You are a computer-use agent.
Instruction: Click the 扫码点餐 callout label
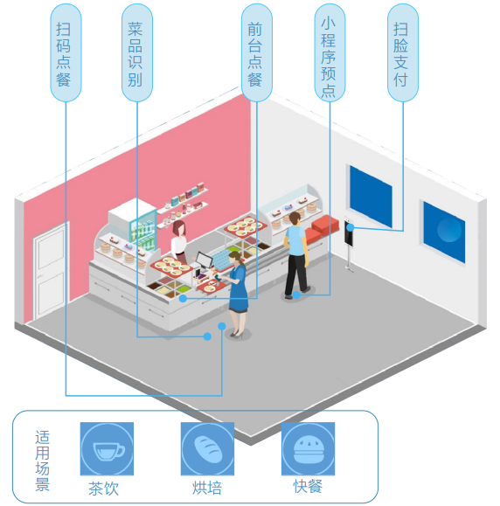click(66, 52)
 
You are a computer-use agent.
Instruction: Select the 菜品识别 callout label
click(137, 52)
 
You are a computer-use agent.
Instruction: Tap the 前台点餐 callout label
click(257, 52)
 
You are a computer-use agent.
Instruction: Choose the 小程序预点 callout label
click(330, 52)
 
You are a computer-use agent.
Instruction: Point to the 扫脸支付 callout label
click(402, 52)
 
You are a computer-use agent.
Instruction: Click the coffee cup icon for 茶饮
click(107, 449)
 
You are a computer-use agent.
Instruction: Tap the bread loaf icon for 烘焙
click(207, 449)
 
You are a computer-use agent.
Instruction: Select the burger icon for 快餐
click(308, 449)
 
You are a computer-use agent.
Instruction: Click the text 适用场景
click(42, 461)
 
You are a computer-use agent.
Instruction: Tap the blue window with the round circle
click(444, 231)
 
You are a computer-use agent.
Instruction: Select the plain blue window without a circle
click(371, 196)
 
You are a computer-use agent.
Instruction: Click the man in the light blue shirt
click(296, 255)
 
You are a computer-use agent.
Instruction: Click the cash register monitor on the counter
click(204, 260)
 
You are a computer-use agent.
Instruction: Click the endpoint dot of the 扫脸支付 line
click(351, 227)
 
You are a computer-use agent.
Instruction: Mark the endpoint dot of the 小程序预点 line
click(296, 295)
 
